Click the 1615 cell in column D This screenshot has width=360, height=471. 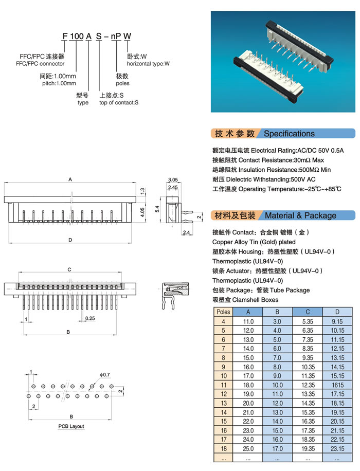point(337,385)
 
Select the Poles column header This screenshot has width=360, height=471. point(223,312)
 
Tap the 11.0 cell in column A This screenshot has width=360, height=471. point(248,321)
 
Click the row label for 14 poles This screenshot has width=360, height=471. point(223,412)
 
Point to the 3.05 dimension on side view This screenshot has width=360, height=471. point(172,179)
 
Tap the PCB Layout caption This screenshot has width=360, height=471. point(71,426)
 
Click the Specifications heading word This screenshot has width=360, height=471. point(289,134)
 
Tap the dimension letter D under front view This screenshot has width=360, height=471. point(69,240)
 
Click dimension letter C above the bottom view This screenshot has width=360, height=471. point(69,269)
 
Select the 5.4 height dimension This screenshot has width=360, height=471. point(159,209)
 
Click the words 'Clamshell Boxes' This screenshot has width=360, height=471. point(255,300)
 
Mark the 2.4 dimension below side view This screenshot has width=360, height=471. point(186,233)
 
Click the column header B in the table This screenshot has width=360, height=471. point(278,312)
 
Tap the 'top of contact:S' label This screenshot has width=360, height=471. point(119,102)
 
